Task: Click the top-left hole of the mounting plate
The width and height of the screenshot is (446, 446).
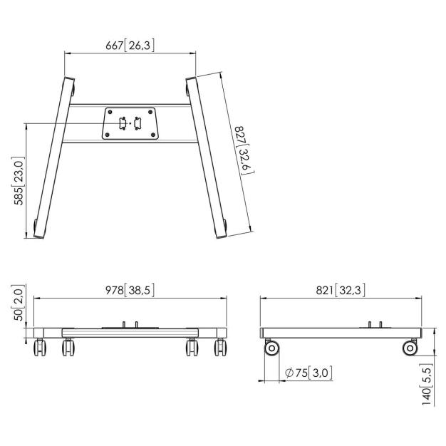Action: point(109,112)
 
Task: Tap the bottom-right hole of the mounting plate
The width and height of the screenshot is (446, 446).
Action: point(151,134)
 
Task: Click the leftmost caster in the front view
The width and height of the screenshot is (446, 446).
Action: point(39,348)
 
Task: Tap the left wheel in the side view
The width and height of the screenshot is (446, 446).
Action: point(271,348)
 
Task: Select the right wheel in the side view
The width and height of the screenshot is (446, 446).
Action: point(410,348)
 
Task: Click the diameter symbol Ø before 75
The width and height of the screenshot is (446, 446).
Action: point(289,372)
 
